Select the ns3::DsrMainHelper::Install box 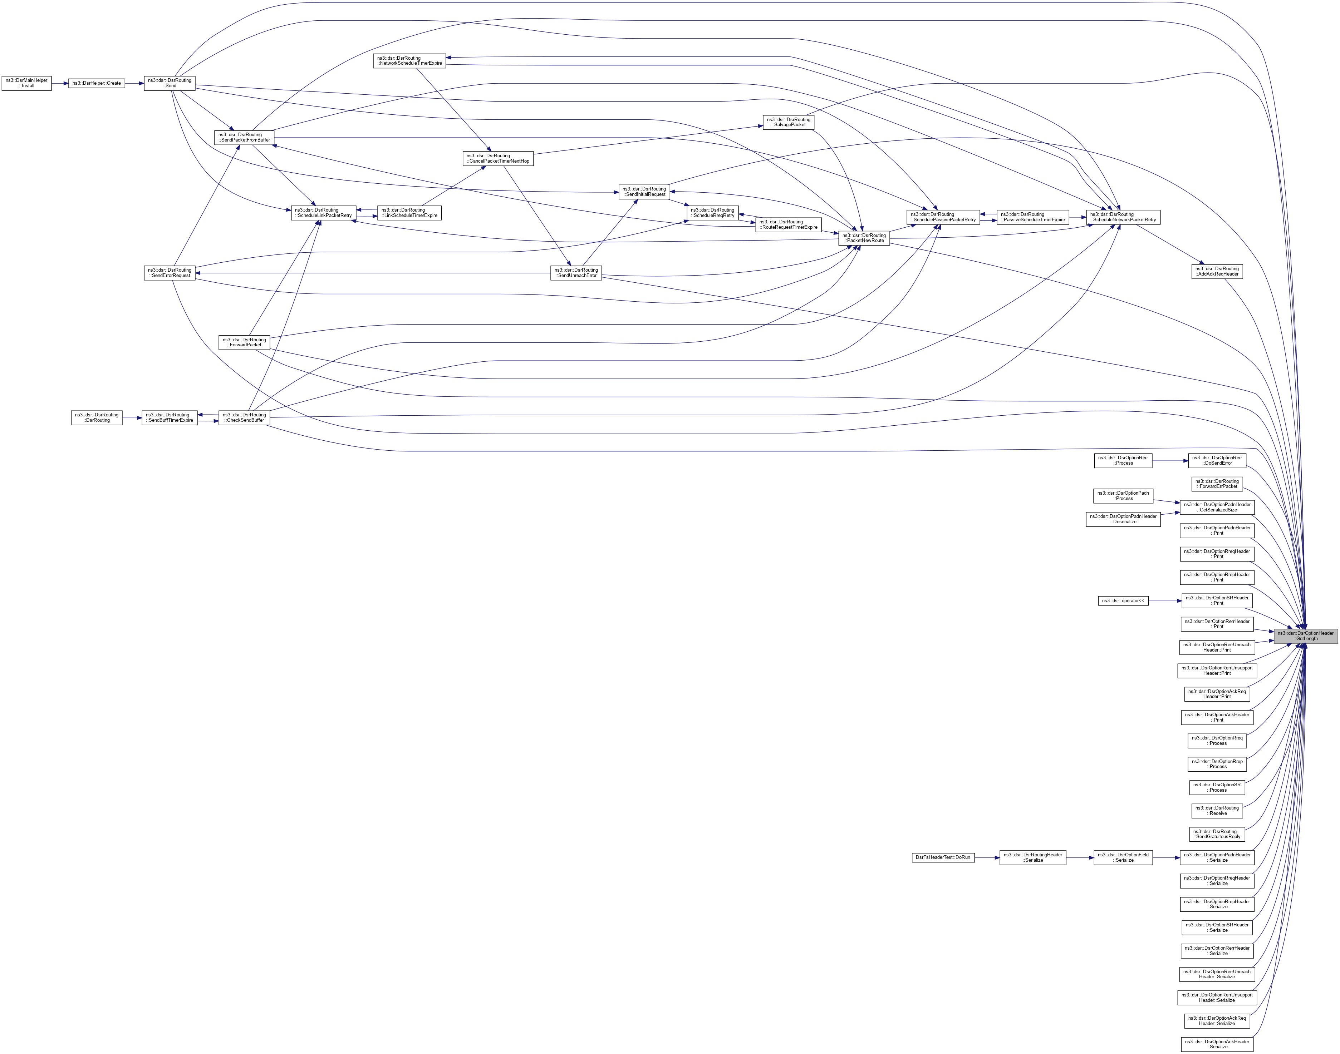(x=26, y=83)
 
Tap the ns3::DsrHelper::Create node (x=96, y=83)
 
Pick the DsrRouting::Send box (x=169, y=83)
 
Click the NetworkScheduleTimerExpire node (x=409, y=60)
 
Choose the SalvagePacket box (x=789, y=122)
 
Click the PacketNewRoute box (x=863, y=238)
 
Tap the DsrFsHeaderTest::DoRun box (x=943, y=857)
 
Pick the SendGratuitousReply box (x=1217, y=834)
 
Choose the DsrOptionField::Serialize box (x=1123, y=857)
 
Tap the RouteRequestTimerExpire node (x=788, y=224)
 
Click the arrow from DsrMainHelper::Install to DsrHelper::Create (x=60, y=83)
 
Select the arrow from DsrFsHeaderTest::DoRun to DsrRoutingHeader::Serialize (x=987, y=857)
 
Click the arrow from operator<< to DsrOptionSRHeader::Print (x=1165, y=600)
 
